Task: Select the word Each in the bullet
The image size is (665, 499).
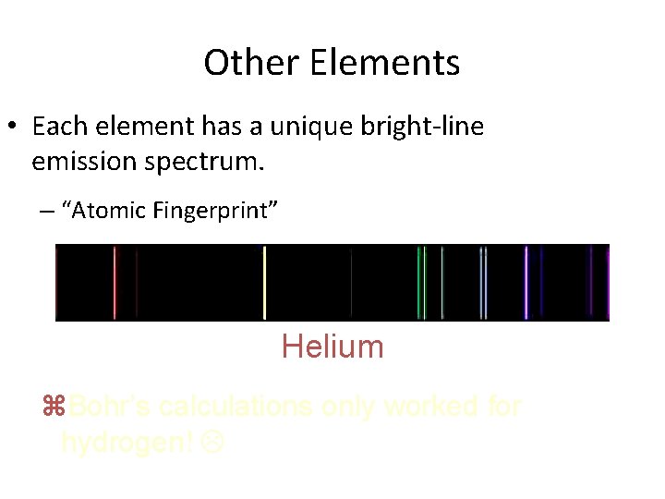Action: point(58,126)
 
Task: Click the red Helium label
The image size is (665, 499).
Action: point(332,347)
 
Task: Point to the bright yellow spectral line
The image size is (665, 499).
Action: point(265,282)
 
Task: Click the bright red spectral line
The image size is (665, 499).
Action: point(115,282)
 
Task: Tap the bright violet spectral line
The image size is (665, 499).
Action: point(526,282)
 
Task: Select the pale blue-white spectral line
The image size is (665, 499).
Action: point(481,282)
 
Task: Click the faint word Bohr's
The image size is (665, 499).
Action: point(110,407)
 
